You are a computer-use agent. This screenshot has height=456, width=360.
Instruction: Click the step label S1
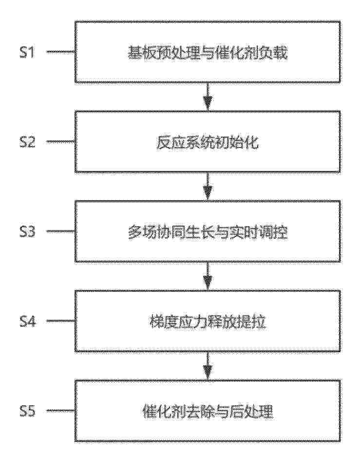click(27, 52)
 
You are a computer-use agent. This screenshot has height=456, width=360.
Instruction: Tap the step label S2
click(27, 142)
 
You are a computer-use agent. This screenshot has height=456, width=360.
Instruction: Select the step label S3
click(27, 231)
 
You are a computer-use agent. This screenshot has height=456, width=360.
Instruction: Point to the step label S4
click(27, 322)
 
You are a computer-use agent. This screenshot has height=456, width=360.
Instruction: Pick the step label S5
click(27, 411)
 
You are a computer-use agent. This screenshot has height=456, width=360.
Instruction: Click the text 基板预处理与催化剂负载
click(208, 53)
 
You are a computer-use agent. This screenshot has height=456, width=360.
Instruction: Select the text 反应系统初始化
click(208, 142)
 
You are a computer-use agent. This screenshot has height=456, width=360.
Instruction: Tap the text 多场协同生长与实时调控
click(208, 232)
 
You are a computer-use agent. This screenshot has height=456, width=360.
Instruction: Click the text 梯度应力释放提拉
click(208, 322)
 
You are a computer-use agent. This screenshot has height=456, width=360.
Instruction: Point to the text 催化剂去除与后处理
click(208, 412)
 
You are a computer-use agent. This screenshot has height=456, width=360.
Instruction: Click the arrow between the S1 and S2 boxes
click(208, 96)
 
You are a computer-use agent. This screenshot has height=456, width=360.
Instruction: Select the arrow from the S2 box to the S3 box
click(208, 187)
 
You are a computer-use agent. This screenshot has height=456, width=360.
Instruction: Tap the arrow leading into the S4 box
click(208, 276)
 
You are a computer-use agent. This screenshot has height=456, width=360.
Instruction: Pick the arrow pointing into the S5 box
click(208, 366)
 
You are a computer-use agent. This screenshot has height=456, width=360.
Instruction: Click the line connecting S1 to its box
click(60, 52)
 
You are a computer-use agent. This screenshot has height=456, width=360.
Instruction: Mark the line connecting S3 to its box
click(60, 231)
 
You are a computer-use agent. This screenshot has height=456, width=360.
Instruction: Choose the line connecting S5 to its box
click(60, 411)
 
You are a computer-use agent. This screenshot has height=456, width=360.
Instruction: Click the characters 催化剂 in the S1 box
click(237, 53)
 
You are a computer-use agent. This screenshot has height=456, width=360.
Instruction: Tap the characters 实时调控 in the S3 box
click(259, 232)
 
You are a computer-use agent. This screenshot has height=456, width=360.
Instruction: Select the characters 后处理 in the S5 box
click(251, 412)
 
